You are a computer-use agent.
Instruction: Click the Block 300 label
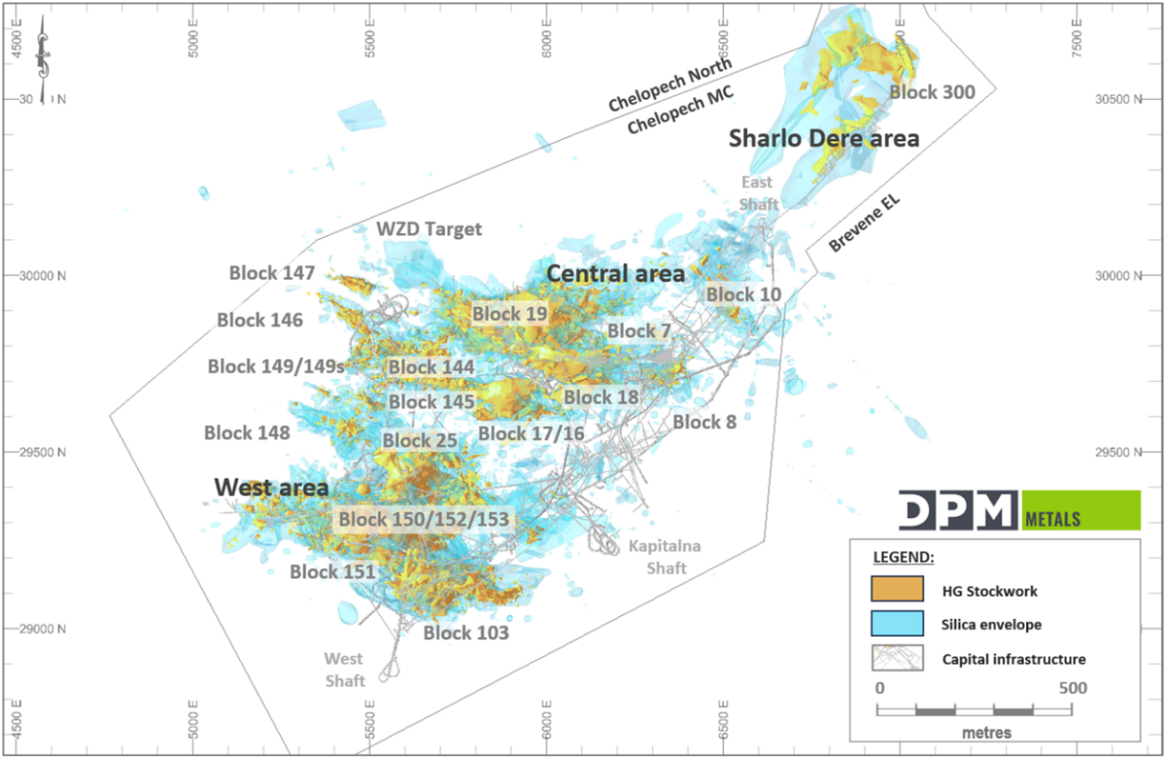point(931,92)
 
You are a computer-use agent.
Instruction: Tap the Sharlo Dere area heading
point(824,139)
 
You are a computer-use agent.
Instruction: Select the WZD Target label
point(429,229)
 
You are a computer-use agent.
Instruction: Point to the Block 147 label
point(272,273)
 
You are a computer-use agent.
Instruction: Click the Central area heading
point(615,274)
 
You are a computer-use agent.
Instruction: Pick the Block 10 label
point(743,294)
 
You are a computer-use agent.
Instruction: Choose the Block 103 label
point(466,632)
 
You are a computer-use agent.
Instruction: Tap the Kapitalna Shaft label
point(665,557)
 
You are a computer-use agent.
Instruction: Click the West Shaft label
point(344,669)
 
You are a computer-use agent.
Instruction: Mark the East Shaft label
point(757,193)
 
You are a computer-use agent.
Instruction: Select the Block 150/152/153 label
point(423,519)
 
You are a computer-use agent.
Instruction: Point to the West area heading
point(272,487)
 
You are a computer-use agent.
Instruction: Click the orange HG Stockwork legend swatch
point(897,589)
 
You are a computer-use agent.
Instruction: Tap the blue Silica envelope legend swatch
point(897,623)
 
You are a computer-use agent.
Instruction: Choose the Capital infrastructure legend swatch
point(897,658)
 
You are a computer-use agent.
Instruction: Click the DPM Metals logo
point(1019,510)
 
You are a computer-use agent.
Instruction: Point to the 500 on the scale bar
point(1072,688)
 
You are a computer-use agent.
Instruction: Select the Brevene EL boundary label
point(863,223)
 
